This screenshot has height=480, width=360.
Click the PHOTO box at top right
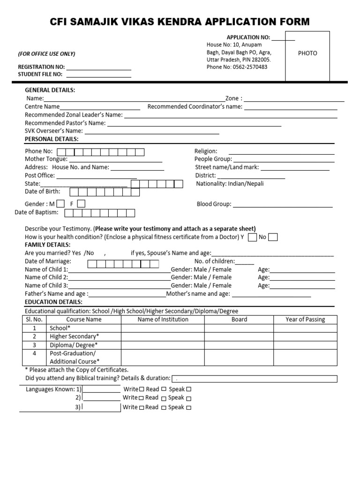point(307,56)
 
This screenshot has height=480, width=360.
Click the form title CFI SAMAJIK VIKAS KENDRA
point(180,22)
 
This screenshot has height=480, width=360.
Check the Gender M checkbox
point(60,203)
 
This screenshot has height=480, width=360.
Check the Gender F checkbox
point(81,203)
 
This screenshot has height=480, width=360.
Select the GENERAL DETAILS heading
point(50,90)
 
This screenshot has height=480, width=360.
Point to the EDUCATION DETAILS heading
point(53,302)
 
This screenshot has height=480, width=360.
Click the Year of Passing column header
point(305,320)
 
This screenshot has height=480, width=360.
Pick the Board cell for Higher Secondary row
point(239,337)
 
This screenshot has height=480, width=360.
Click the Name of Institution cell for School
point(163,328)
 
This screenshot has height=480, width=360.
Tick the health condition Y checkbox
point(252,237)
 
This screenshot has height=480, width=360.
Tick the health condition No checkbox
point(273,237)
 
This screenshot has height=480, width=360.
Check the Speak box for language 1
point(188,390)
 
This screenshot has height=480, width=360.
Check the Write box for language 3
point(141,407)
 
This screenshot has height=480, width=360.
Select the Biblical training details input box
point(255,379)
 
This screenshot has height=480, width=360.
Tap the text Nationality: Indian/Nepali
point(230,184)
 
